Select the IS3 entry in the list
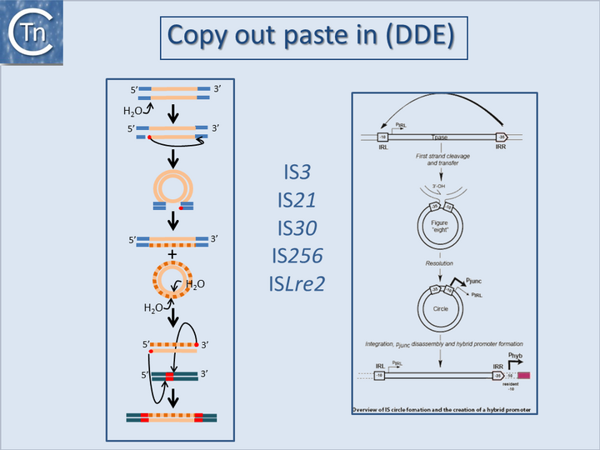coord(298,172)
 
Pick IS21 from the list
coord(298,200)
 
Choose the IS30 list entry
coord(298,227)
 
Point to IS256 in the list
coord(298,255)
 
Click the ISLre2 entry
coord(298,283)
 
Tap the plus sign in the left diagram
coord(172,253)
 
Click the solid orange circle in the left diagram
coord(173,188)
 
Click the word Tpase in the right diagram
coord(439,137)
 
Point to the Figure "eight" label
coord(439,227)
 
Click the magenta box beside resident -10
coord(523,377)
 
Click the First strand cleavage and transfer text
coord(439,159)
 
